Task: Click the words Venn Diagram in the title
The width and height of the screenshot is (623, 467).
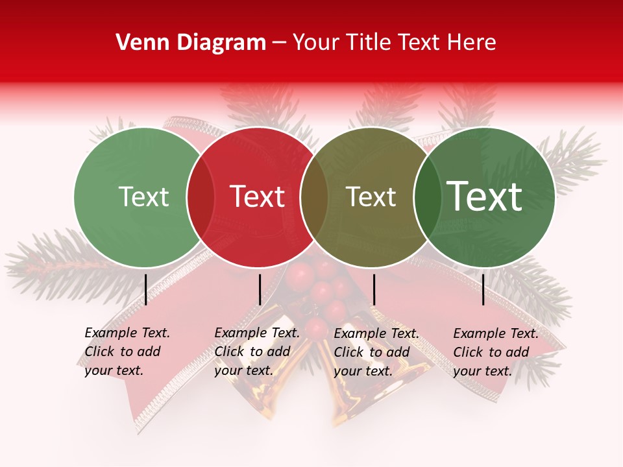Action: click(x=191, y=43)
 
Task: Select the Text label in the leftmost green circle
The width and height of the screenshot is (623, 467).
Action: click(x=143, y=197)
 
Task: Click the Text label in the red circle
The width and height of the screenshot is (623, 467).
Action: click(x=258, y=197)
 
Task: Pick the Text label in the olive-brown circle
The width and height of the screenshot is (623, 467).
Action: click(x=371, y=197)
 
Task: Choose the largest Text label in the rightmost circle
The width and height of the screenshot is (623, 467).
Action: click(x=485, y=197)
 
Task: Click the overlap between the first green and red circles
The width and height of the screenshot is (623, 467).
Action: click(x=201, y=197)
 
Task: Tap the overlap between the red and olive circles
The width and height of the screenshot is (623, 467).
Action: click(x=314, y=197)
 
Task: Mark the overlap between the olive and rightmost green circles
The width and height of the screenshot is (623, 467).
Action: click(x=426, y=197)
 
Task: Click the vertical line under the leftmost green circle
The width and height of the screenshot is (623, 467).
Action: click(x=145, y=289)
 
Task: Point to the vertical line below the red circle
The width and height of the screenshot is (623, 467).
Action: click(x=260, y=289)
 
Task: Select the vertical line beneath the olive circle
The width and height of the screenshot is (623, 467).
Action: click(x=374, y=289)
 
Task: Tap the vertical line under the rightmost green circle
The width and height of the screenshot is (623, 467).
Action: click(x=483, y=289)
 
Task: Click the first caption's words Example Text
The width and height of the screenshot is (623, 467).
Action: click(x=127, y=333)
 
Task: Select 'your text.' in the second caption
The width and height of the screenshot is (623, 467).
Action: click(x=243, y=371)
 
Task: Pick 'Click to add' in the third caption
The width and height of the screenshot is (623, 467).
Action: click(x=372, y=352)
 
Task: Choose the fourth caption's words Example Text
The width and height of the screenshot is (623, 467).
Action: click(x=496, y=334)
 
